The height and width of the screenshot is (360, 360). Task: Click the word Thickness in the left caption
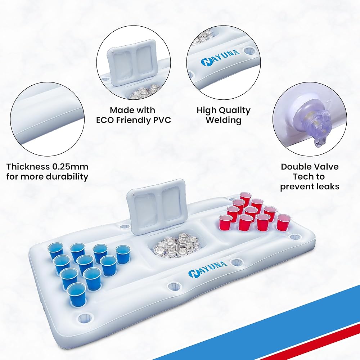28,166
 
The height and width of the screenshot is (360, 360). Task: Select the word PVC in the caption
162,120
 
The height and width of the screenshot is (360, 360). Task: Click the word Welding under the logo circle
224,120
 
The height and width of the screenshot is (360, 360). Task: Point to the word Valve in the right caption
326,166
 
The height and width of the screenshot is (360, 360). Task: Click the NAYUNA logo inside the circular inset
220,57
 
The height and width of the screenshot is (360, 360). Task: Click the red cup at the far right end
283,222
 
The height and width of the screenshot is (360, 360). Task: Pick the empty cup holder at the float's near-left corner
85,318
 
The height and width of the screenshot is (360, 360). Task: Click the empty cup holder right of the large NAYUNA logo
237,262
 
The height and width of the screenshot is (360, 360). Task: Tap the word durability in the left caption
67,176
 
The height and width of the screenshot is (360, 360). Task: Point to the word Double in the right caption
295,166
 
